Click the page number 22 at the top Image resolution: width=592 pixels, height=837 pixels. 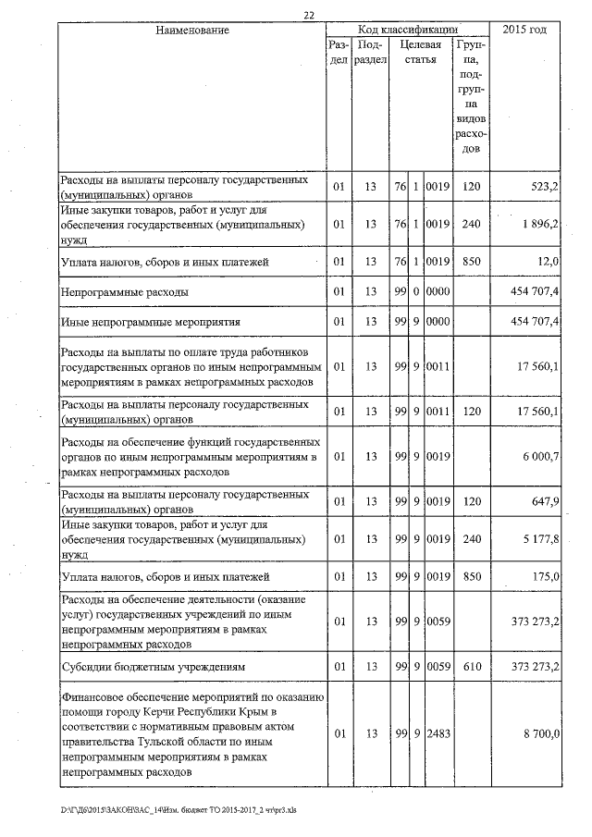click(x=308, y=12)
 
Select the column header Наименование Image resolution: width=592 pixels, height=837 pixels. click(x=192, y=31)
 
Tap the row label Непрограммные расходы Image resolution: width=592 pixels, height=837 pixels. click(x=124, y=291)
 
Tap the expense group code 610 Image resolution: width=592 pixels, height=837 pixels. click(x=472, y=665)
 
